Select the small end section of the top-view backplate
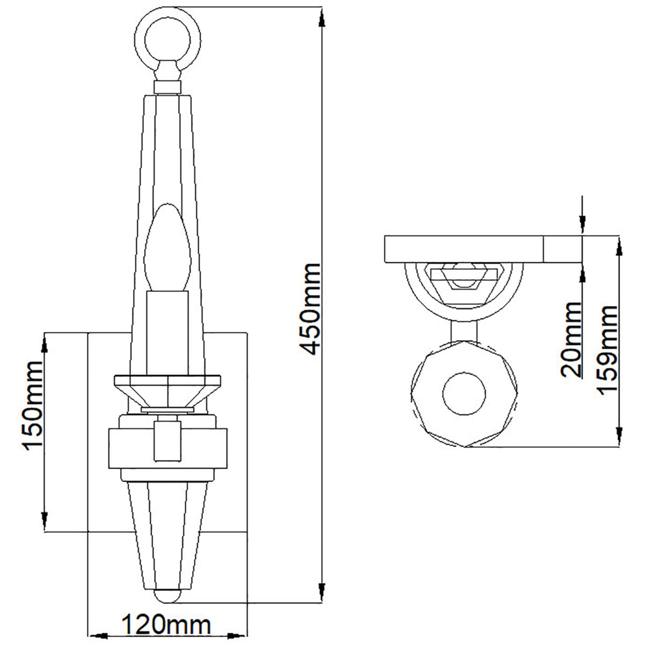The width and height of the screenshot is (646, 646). (x=564, y=249)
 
